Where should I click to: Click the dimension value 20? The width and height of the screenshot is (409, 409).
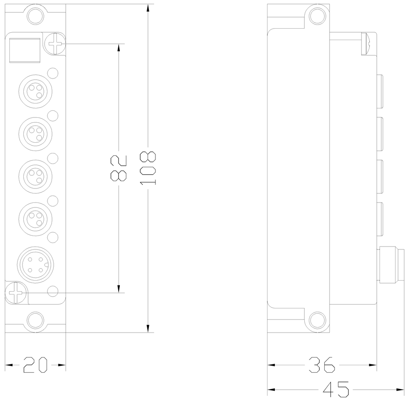point(35,364)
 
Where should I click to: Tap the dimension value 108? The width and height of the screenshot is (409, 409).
point(148,168)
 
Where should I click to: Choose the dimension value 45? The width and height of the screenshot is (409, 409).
point(336,390)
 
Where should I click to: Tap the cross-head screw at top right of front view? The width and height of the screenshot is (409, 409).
point(55,43)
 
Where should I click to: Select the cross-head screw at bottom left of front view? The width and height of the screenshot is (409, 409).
point(16,293)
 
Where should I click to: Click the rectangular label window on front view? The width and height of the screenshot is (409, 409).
point(24,50)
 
